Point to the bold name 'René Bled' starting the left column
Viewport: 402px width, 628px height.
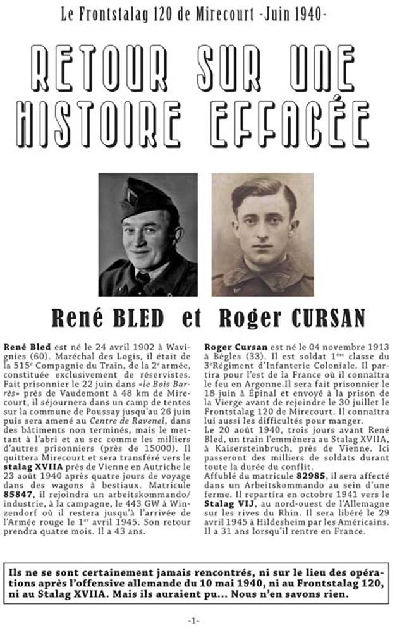(x=24, y=348)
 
